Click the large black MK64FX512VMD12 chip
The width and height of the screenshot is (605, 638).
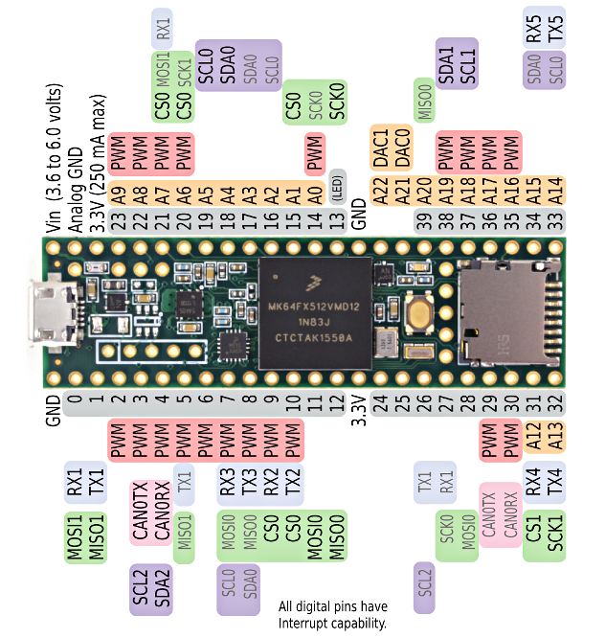(315, 312)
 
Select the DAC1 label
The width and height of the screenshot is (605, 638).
(380, 148)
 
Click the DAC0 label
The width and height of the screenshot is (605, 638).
(402, 148)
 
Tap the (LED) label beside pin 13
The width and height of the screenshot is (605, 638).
(336, 190)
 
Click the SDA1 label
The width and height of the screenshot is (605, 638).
(446, 67)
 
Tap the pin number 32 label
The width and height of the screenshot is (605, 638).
(554, 403)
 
